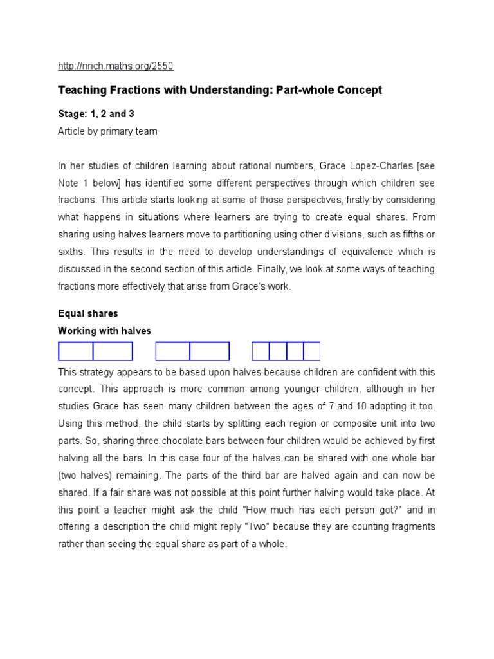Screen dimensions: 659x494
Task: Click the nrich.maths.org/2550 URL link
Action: [116, 66]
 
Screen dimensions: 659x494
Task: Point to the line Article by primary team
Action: [107, 131]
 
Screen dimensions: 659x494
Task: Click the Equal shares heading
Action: [88, 314]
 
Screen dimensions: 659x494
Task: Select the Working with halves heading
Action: [104, 331]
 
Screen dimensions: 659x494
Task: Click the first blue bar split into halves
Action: [96, 351]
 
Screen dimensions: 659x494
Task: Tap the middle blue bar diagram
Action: [192, 351]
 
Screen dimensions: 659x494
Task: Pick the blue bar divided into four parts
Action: [286, 351]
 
